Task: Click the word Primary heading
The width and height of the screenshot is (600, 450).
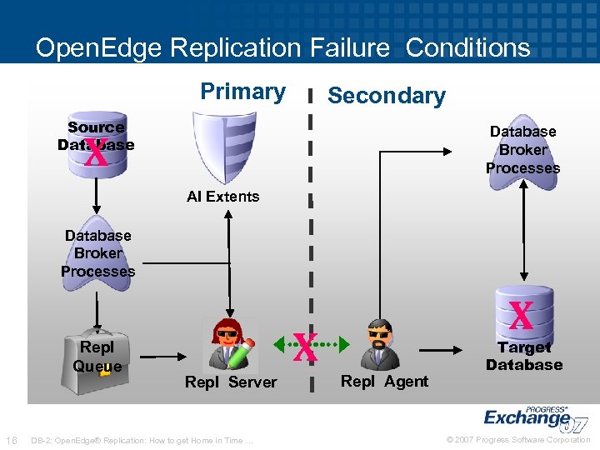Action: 242,91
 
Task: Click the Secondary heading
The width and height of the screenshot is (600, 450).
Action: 386,96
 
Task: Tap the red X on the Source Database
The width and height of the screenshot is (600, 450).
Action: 97,152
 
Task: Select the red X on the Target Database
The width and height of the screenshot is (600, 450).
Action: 521,316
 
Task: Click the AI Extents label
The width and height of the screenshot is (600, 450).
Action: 222,197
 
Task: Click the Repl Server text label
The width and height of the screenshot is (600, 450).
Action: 231,382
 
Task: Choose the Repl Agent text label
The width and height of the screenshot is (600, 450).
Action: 384,382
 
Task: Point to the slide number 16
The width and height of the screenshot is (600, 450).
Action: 12,440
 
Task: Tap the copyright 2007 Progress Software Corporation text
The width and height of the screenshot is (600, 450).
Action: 518,440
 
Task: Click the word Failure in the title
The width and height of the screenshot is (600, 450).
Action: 351,47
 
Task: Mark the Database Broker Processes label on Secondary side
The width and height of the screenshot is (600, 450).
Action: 522,150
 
